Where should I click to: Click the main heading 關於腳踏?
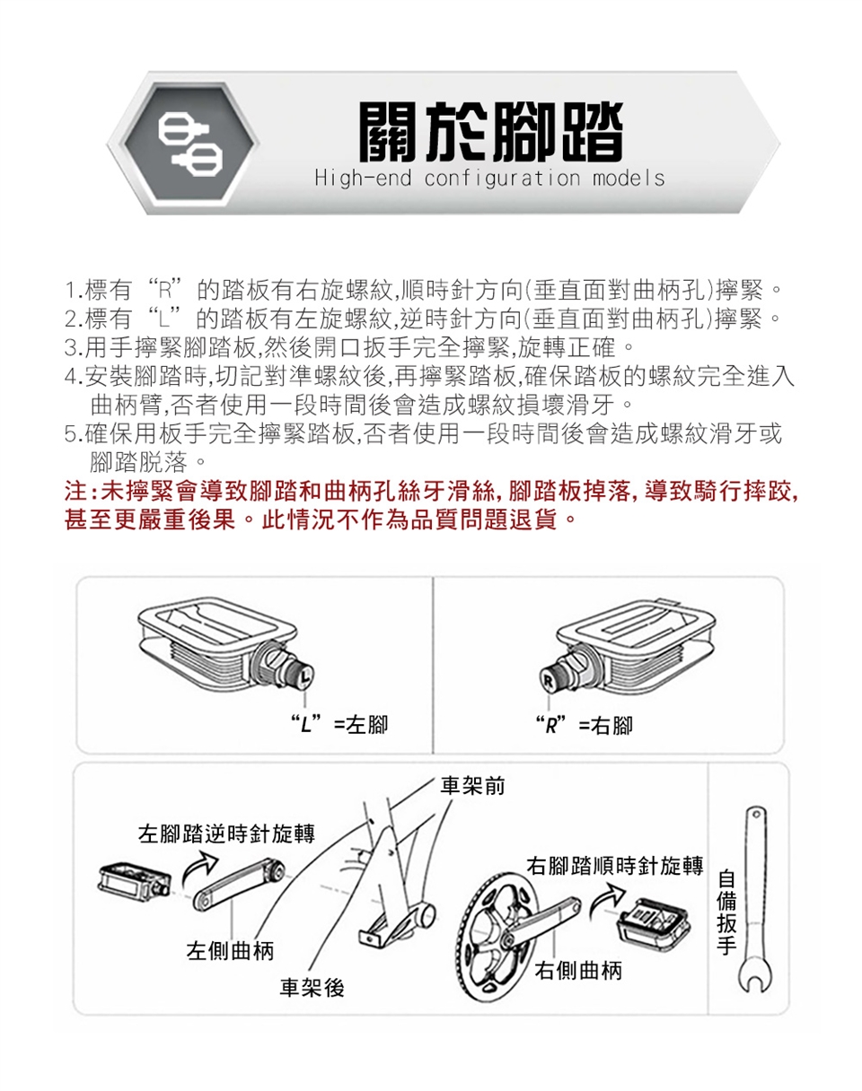(490, 132)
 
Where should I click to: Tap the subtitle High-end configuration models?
(489, 179)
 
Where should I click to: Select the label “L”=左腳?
(339, 724)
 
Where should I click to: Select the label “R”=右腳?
(585, 726)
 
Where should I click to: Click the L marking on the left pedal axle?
(305, 676)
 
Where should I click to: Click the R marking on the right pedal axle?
(548, 682)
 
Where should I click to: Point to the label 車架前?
(472, 785)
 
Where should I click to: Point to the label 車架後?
(312, 987)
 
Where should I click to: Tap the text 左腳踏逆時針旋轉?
(226, 834)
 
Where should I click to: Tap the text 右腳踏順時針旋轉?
(615, 865)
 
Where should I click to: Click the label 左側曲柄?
(230, 950)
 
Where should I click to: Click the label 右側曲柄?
(578, 971)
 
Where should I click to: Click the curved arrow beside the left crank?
(199, 868)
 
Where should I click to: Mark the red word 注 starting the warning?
(76, 492)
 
